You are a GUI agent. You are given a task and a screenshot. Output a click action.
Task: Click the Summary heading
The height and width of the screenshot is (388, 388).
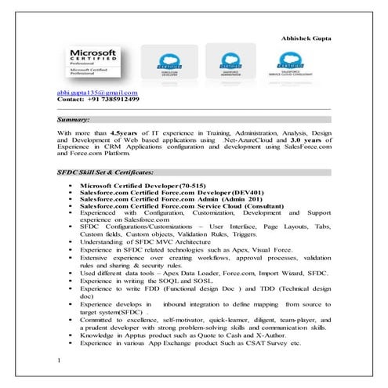point(74,120)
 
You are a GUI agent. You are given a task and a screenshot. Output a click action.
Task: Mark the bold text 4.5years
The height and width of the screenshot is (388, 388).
point(126,134)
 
